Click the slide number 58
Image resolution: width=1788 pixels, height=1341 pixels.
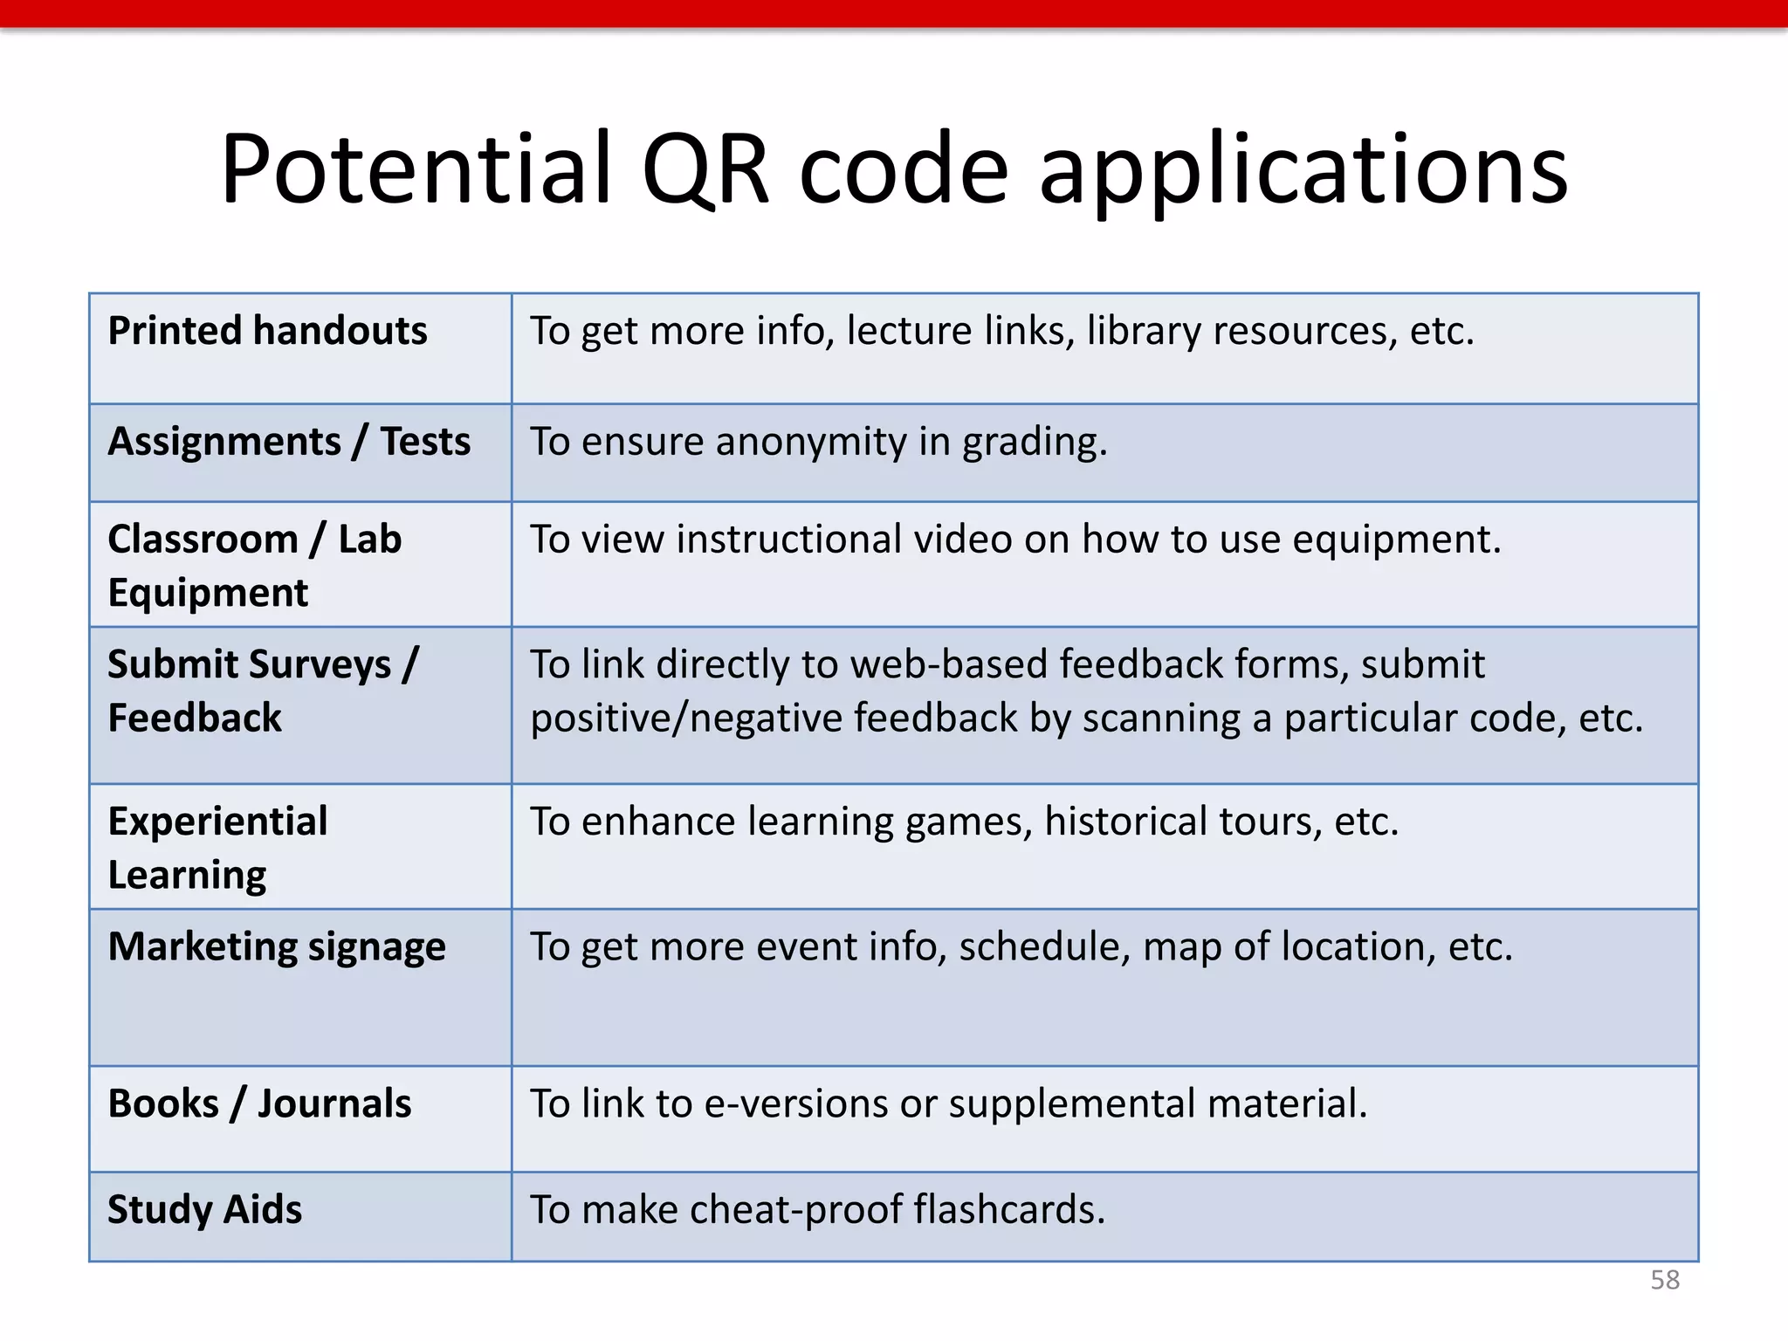(x=1664, y=1280)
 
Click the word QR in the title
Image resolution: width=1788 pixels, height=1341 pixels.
(x=705, y=168)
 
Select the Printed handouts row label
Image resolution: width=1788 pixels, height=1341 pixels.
(x=267, y=331)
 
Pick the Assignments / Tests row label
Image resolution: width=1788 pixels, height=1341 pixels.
(x=289, y=442)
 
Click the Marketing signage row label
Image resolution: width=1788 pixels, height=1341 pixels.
(x=277, y=947)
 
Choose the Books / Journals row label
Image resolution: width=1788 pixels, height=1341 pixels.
(x=259, y=1104)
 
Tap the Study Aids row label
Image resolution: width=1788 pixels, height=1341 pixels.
(x=204, y=1210)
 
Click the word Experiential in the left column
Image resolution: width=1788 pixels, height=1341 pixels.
(x=217, y=822)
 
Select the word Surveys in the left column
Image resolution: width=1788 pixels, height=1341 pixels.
(x=337, y=665)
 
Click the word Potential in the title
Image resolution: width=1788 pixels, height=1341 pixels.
(x=416, y=168)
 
